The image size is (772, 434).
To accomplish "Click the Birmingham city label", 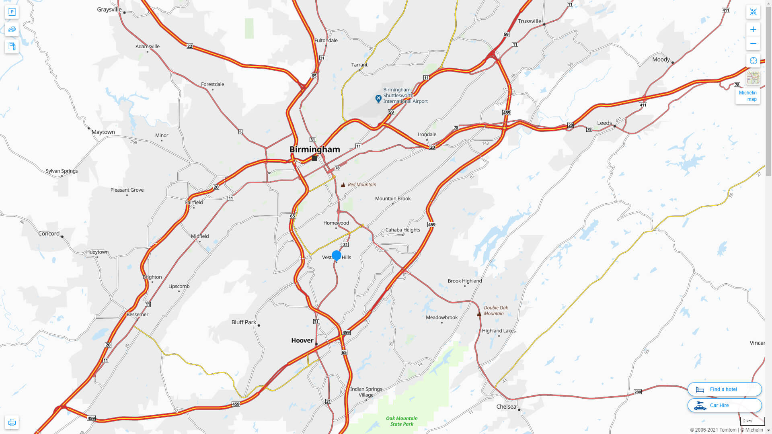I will pyautogui.click(x=315, y=149).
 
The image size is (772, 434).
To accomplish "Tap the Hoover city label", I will pyautogui.click(x=302, y=340).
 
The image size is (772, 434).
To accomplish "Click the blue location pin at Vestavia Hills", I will pyautogui.click(x=337, y=256).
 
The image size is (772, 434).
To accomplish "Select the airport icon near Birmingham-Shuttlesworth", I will pyautogui.click(x=378, y=98).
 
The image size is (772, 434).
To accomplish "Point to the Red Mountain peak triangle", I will pyautogui.click(x=343, y=185).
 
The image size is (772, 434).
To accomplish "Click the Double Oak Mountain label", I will pyautogui.click(x=495, y=311).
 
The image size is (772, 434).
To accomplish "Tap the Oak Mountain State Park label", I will pyautogui.click(x=402, y=421).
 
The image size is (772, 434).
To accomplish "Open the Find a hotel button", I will pyautogui.click(x=724, y=389).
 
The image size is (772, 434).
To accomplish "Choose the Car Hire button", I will pyautogui.click(x=724, y=405).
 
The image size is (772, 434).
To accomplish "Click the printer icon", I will pyautogui.click(x=12, y=422).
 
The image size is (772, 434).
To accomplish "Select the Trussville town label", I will pyautogui.click(x=529, y=21).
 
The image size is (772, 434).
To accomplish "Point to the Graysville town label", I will pyautogui.click(x=109, y=9).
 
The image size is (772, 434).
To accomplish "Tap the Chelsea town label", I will pyautogui.click(x=506, y=407).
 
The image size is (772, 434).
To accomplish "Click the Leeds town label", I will pyautogui.click(x=604, y=123).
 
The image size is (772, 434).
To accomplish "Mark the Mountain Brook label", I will pyautogui.click(x=392, y=199).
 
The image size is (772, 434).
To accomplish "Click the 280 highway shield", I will pyautogui.click(x=637, y=392).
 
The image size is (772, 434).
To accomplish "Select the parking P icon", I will pyautogui.click(x=12, y=12).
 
